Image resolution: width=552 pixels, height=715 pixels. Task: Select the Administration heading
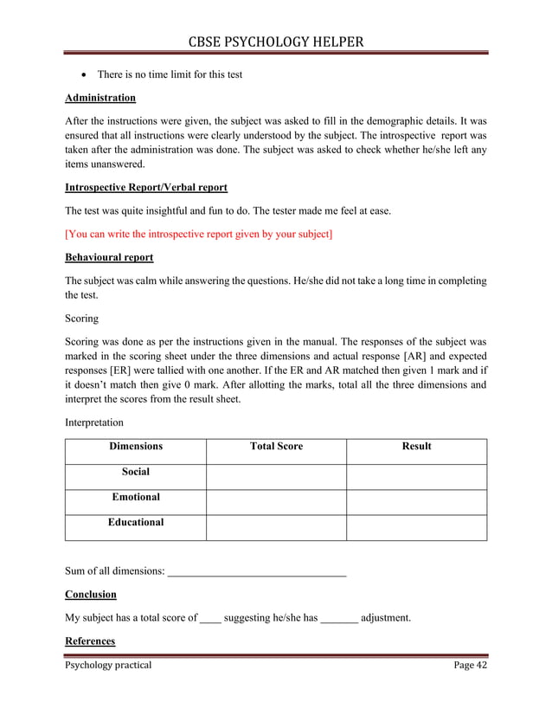tap(100, 98)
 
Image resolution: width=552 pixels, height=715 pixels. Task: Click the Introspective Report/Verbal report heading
tap(146, 187)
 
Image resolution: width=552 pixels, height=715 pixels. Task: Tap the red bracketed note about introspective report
tap(199, 234)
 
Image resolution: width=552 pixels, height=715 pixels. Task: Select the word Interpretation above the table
tap(94, 422)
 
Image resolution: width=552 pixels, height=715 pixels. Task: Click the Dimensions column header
tap(135, 447)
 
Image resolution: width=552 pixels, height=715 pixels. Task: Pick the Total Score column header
tap(276, 447)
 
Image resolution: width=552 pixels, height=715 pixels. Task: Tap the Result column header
tap(416, 447)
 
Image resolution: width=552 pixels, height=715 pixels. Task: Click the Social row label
tap(135, 473)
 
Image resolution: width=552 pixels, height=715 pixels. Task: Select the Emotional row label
tap(135, 498)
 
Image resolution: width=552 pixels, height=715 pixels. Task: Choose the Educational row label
tap(135, 523)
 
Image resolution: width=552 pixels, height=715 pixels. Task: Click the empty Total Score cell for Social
tap(276, 476)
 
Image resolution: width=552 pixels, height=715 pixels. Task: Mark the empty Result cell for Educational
tap(416, 527)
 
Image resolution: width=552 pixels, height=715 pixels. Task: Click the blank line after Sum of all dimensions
tap(256, 572)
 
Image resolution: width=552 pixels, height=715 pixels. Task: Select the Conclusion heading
tap(91, 596)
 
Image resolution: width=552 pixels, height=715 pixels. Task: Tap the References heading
tap(90, 641)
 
